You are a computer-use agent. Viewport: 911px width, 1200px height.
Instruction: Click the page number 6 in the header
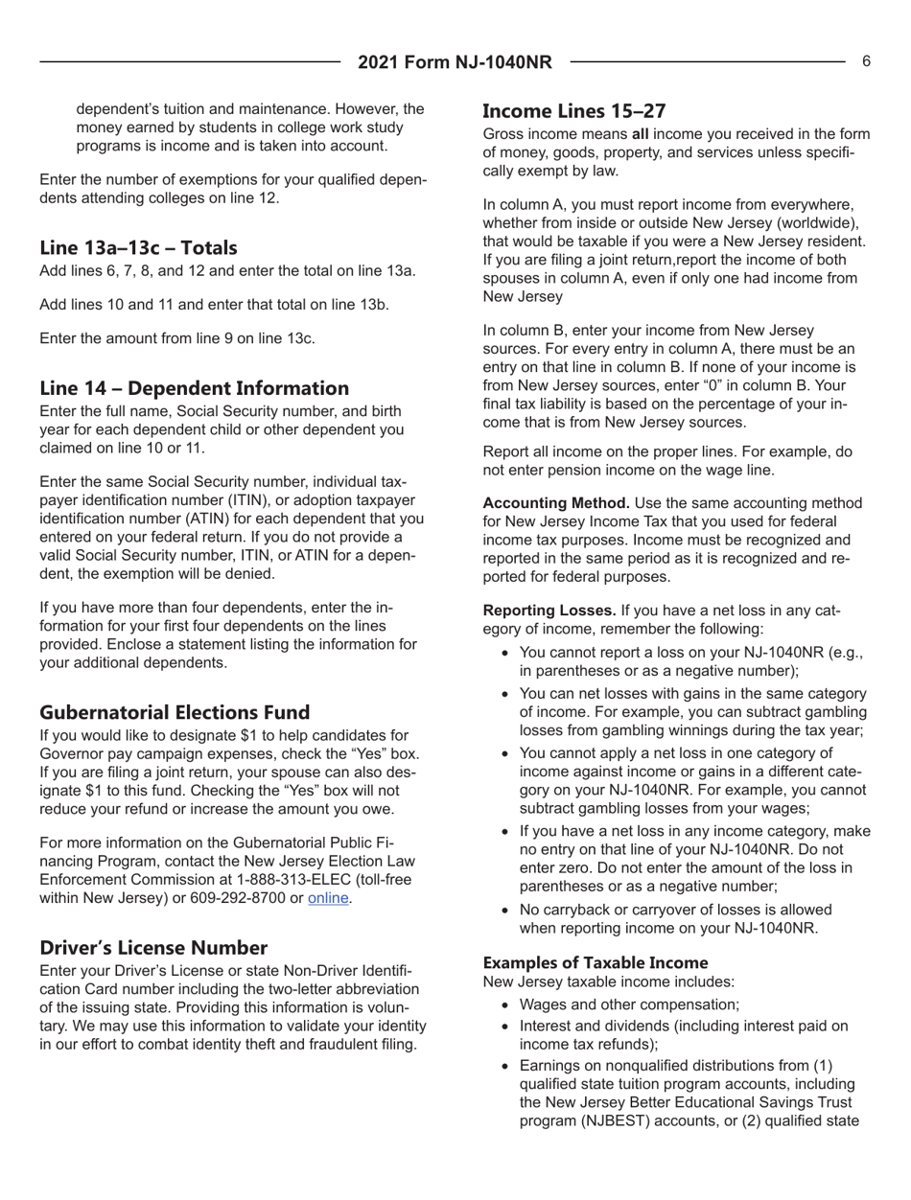click(866, 61)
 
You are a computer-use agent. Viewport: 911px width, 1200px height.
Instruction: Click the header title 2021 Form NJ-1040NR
click(455, 62)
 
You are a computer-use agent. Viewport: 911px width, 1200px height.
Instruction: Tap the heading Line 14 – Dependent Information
click(194, 388)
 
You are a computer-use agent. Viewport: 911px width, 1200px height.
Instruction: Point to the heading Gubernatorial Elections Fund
click(175, 712)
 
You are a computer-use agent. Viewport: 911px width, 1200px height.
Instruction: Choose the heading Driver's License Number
click(153, 948)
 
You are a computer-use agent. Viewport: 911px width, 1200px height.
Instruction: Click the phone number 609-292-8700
click(242, 899)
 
